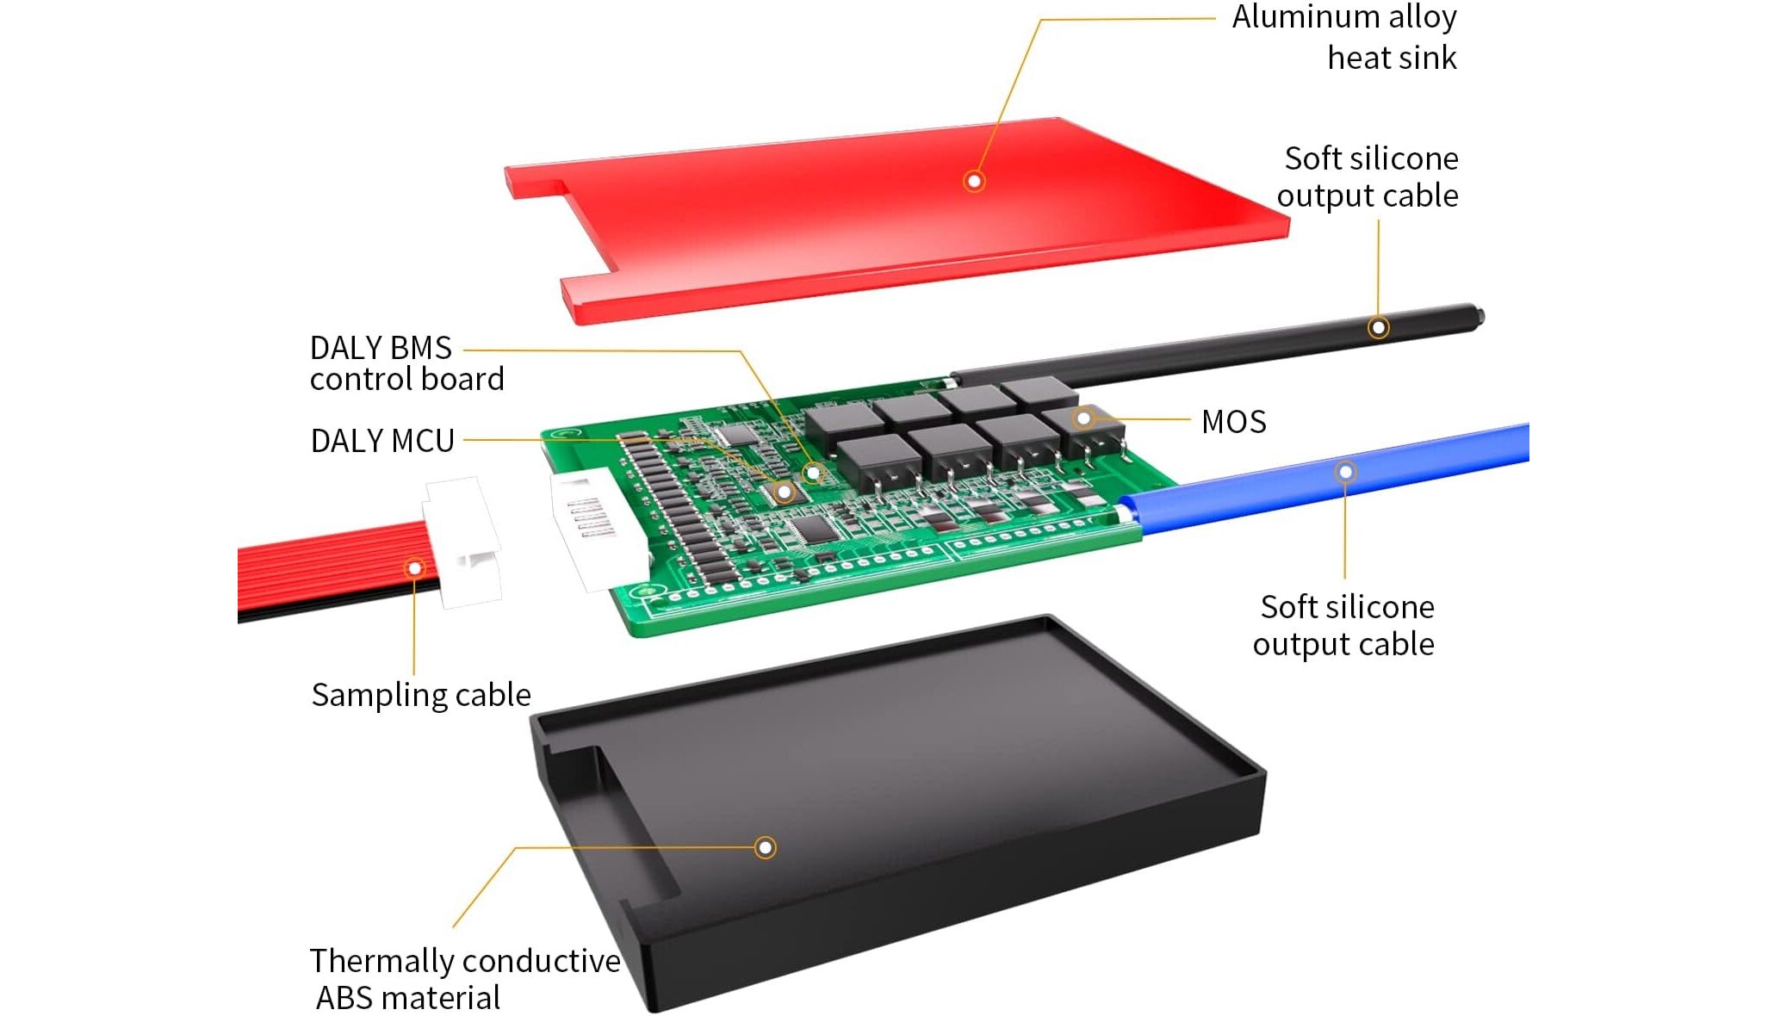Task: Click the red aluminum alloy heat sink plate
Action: [861, 224]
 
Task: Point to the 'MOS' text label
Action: [1233, 422]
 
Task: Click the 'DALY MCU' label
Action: [382, 441]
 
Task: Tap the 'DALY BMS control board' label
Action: [406, 363]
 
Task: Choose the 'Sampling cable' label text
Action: [421, 695]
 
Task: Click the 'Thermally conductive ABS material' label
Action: [464, 979]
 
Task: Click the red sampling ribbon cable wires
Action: [327, 568]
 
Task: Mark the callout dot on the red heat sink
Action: [974, 181]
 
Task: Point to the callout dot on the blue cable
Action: [1345, 472]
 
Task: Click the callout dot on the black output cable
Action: [1378, 327]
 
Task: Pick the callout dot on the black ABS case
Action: [765, 847]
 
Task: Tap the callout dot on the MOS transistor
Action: [1083, 418]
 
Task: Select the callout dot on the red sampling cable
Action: [415, 568]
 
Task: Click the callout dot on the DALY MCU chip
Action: [784, 493]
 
